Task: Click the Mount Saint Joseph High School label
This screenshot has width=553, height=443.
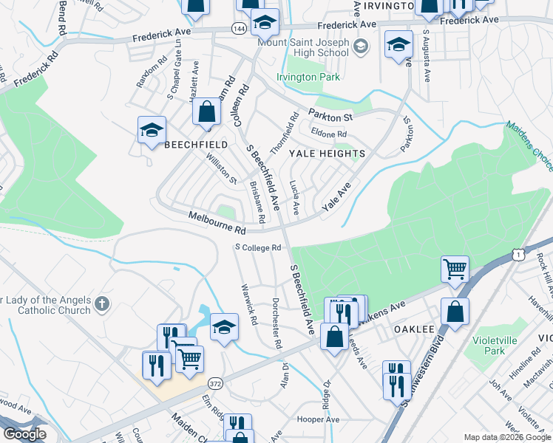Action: (x=302, y=48)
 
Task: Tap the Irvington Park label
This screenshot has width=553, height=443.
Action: (x=308, y=77)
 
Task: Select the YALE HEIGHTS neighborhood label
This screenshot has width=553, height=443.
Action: (x=327, y=154)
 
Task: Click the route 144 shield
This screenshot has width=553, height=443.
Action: (x=239, y=27)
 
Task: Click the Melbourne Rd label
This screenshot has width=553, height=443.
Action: (x=216, y=221)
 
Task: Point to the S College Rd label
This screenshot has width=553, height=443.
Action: (x=259, y=247)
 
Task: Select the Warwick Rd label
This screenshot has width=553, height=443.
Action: (x=248, y=305)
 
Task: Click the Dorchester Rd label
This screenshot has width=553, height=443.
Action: (x=276, y=323)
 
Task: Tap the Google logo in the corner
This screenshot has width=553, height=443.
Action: (x=24, y=434)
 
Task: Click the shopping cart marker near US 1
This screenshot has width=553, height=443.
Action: (x=455, y=269)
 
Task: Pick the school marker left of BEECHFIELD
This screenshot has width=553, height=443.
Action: (x=152, y=131)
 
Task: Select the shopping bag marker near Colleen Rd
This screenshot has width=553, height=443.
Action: (x=207, y=112)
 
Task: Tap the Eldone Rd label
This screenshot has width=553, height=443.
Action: (x=329, y=134)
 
